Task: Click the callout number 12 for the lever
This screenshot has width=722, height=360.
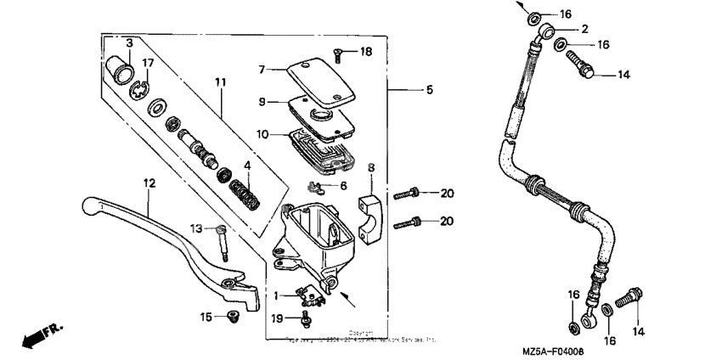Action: [x=149, y=183]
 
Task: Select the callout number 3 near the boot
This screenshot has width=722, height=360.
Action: [x=129, y=43]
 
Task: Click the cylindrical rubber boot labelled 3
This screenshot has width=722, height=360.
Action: [x=118, y=68]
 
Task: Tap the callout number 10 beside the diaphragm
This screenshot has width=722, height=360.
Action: [x=262, y=134]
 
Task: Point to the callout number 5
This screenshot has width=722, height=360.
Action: [x=429, y=89]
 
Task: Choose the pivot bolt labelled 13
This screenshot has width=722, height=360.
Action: [x=223, y=242]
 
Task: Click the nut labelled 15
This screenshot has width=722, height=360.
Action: [x=230, y=318]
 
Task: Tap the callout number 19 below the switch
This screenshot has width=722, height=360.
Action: [x=277, y=318]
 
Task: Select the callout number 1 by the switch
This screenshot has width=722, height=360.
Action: [x=277, y=295]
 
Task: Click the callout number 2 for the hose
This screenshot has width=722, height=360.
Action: [x=585, y=30]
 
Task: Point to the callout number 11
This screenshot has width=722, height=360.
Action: [x=221, y=82]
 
